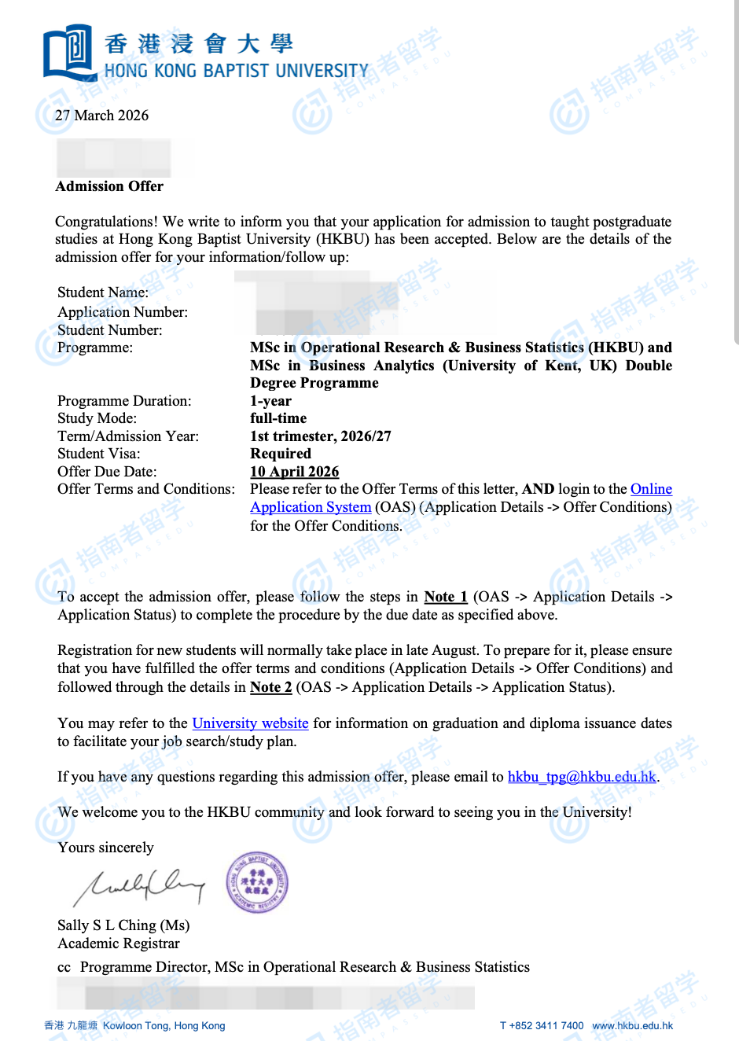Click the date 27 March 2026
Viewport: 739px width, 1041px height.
click(x=101, y=116)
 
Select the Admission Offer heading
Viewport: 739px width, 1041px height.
click(x=109, y=186)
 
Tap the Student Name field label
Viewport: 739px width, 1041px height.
click(x=102, y=292)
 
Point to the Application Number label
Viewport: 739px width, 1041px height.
click(x=122, y=312)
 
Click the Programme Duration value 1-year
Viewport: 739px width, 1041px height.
click(x=270, y=401)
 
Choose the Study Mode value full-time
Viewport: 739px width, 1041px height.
click(x=278, y=418)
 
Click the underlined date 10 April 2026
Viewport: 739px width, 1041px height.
click(x=294, y=472)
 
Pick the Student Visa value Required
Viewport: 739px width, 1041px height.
click(x=280, y=454)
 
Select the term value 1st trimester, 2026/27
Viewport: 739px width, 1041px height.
click(x=320, y=436)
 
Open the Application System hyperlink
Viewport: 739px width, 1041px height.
click(x=311, y=507)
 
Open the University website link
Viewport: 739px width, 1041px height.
click(x=250, y=723)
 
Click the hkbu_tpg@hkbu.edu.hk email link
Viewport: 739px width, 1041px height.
click(x=582, y=777)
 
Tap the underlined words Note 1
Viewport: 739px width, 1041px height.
click(x=445, y=597)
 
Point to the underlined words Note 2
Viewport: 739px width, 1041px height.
click(x=270, y=687)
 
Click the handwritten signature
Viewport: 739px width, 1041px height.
click(x=138, y=886)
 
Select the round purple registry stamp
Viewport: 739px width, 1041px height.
click(x=257, y=882)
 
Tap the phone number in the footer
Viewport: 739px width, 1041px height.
click(x=542, y=1025)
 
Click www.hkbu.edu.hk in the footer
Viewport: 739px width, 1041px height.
click(x=632, y=1025)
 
